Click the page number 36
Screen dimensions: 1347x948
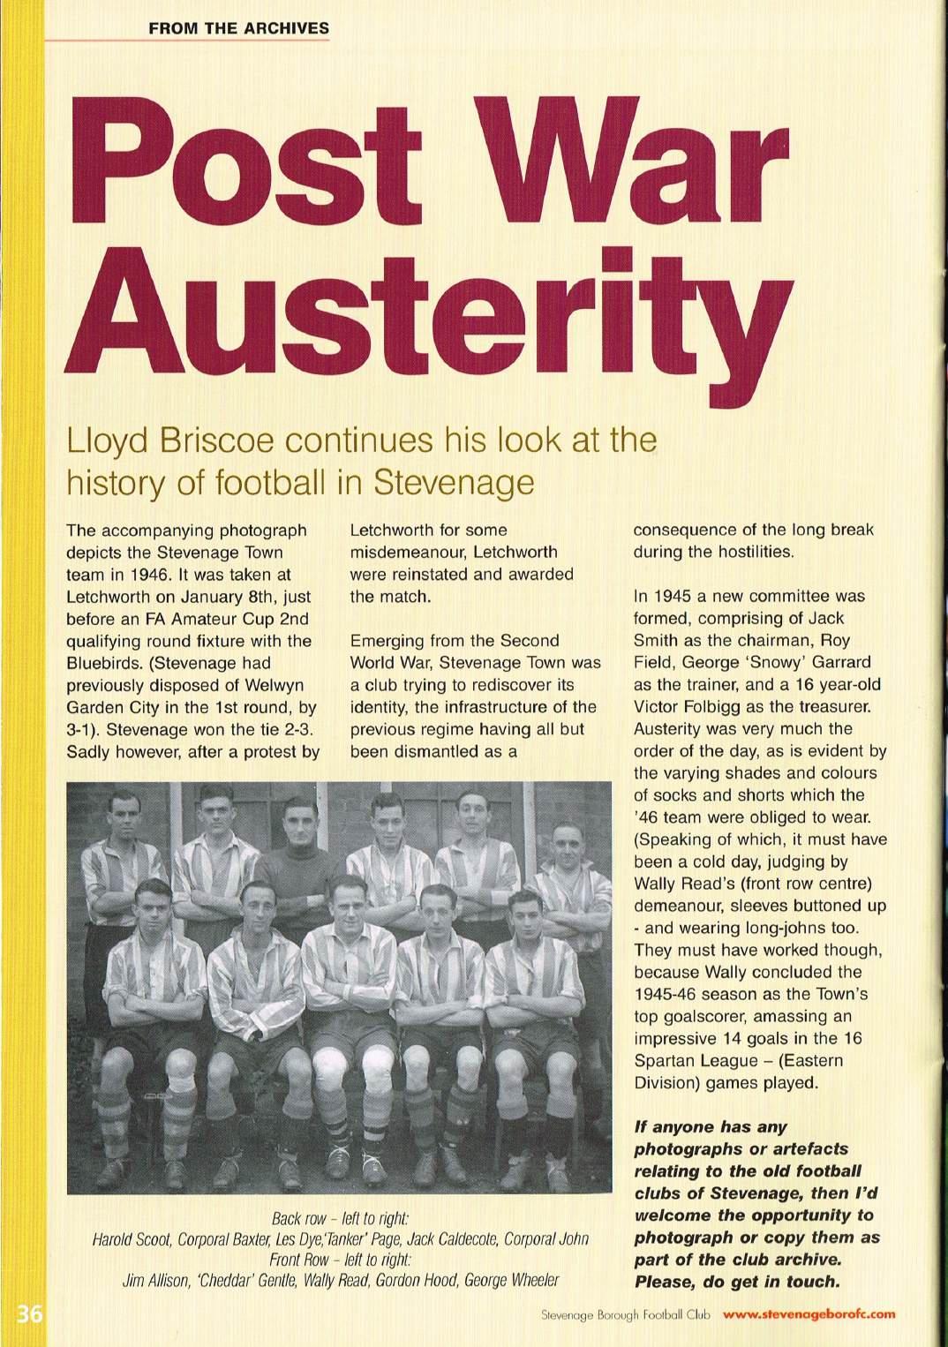[x=29, y=1314]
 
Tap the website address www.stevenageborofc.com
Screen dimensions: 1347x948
[x=809, y=1313]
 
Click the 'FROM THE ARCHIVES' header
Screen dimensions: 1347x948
[x=238, y=28]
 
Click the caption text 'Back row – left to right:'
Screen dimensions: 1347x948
[x=340, y=1218]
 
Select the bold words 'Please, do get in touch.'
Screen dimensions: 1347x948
[x=736, y=1282]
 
